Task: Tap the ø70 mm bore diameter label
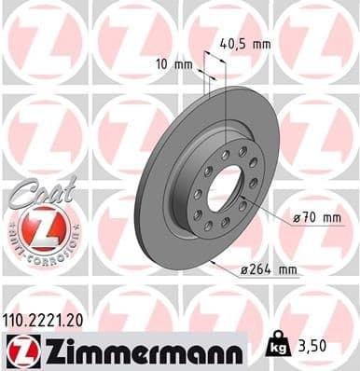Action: [x=312, y=217]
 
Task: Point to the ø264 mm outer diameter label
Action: [x=268, y=270]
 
